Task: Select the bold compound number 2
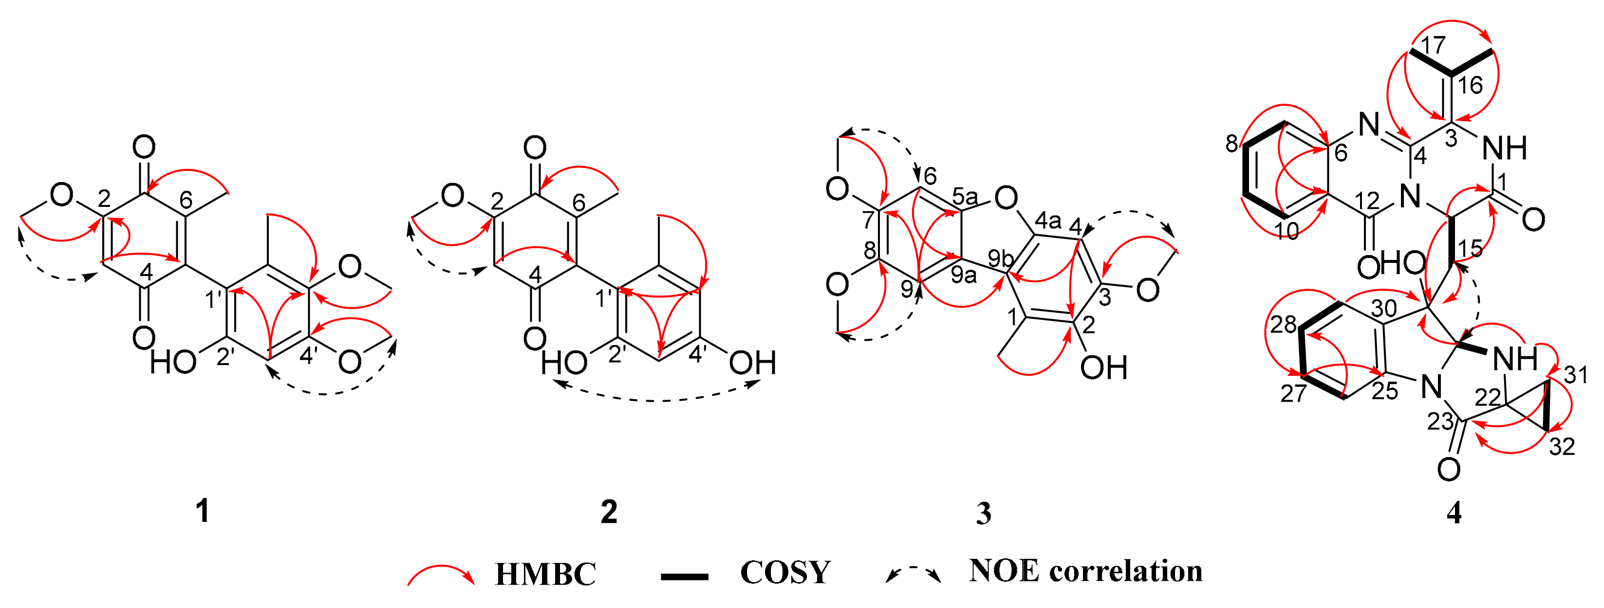point(608,512)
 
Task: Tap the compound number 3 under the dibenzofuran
point(983,514)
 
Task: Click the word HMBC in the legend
point(545,573)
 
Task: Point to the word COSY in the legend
point(785,572)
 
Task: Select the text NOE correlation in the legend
point(1085,571)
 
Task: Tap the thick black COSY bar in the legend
point(684,577)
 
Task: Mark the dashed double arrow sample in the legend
point(913,573)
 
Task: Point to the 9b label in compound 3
point(1001,256)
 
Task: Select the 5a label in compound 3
point(965,197)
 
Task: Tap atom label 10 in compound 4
point(1287,230)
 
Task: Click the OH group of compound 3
point(1103,367)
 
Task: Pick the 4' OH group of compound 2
point(752,363)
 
